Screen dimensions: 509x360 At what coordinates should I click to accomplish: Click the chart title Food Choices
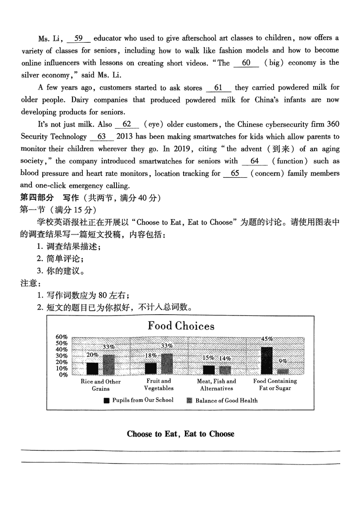point(181,326)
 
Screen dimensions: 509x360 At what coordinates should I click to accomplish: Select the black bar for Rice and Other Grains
point(92,369)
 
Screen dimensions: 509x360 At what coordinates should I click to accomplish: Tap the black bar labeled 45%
point(266,360)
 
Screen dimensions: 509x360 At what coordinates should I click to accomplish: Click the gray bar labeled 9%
point(283,371)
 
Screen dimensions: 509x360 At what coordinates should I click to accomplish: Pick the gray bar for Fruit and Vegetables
point(167,364)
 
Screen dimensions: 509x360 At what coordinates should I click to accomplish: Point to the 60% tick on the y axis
point(61,337)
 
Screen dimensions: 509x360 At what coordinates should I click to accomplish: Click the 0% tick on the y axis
point(63,374)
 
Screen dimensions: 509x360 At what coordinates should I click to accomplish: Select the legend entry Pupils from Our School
point(138,400)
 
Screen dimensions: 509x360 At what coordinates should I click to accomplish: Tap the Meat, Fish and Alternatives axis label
point(217,385)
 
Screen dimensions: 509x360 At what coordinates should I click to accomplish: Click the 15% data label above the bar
point(208,358)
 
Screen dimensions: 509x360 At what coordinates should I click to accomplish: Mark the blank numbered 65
point(235,173)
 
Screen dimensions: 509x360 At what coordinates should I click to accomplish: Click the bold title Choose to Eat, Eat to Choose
point(180,434)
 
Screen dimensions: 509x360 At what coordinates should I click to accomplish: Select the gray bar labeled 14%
point(225,370)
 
